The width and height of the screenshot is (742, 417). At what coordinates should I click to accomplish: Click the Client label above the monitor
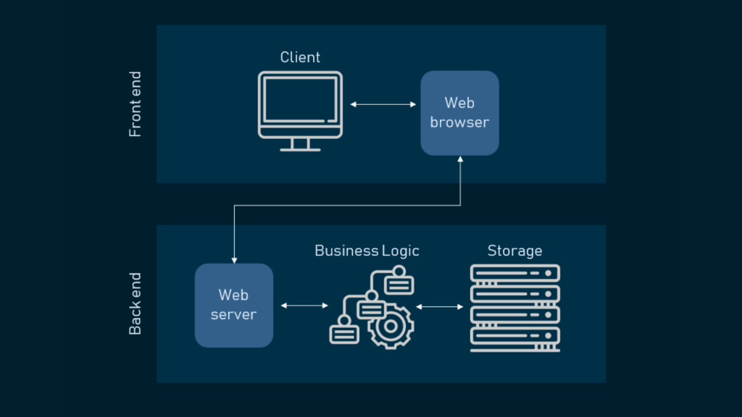(300, 57)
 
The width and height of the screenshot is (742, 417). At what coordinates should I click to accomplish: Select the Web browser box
(459, 113)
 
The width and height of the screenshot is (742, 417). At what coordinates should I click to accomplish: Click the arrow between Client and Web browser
(383, 104)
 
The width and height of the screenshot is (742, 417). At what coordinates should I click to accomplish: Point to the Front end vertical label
(135, 104)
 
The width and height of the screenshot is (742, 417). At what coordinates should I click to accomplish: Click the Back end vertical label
(135, 303)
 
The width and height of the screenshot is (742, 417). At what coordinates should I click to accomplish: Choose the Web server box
(234, 306)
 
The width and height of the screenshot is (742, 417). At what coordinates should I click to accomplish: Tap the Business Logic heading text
(367, 250)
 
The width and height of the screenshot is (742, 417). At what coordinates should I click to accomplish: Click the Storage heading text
(515, 250)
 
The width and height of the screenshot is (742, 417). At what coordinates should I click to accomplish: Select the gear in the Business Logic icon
(391, 327)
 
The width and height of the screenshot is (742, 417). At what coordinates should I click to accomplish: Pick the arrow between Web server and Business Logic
(304, 306)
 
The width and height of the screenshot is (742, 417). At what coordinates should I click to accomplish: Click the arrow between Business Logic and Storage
(440, 307)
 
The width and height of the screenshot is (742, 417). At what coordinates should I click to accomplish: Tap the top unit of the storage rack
(515, 273)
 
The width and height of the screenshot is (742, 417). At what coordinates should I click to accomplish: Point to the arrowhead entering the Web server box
(234, 261)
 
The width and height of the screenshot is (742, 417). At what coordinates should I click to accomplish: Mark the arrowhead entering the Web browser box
(460, 159)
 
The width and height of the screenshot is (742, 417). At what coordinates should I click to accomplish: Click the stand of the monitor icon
(300, 145)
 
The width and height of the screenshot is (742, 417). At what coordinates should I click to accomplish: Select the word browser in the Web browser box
(459, 122)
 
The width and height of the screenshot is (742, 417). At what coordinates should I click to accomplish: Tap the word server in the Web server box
(234, 314)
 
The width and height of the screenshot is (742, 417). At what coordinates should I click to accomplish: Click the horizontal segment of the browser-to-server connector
(347, 205)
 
